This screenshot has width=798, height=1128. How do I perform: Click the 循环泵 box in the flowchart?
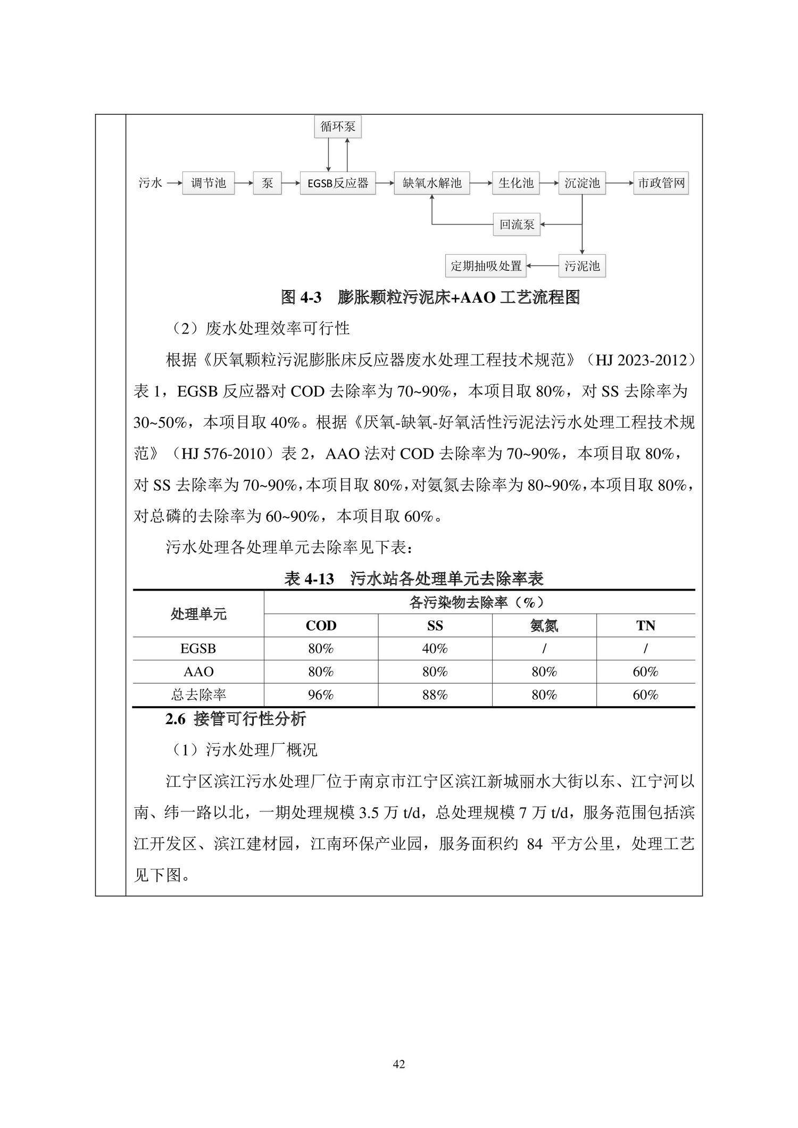pos(338,127)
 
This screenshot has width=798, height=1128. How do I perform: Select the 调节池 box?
pos(208,184)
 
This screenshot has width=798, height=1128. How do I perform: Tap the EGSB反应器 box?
pos(338,184)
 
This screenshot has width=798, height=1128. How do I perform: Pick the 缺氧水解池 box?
pos(431,184)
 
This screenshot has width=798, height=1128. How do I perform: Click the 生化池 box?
pos(516,184)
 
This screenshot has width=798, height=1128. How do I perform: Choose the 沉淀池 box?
pos(582,184)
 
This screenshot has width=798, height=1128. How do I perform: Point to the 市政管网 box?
pos(661,184)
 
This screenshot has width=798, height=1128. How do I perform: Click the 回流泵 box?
pos(517,225)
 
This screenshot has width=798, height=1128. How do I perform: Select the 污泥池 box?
pos(582,266)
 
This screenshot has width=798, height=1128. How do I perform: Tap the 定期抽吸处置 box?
pos(486,266)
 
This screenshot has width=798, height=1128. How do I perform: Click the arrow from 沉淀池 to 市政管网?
pos(619,184)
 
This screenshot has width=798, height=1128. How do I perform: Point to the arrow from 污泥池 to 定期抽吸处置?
pos(542,266)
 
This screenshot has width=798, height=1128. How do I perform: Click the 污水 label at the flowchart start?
pos(150,184)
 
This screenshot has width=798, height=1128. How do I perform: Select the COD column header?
pos(321,626)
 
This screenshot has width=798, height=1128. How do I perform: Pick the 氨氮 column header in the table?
pos(544,626)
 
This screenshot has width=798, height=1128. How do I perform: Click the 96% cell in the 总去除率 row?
pos(321,695)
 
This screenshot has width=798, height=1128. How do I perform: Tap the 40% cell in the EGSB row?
pos(435,649)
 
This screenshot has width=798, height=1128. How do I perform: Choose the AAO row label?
pos(198,672)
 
